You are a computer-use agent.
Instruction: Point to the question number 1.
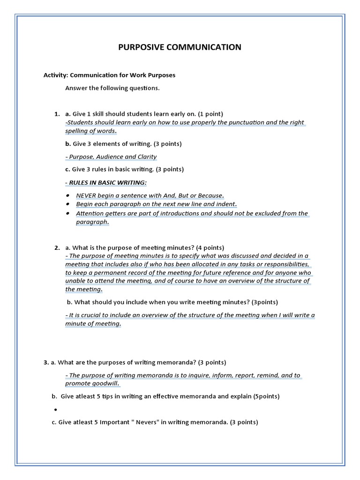(57, 114)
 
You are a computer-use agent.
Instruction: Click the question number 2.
(57, 247)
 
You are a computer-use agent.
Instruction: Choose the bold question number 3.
(45, 362)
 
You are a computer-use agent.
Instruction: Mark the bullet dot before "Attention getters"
(68, 213)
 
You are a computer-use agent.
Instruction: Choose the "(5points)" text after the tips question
(266, 397)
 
